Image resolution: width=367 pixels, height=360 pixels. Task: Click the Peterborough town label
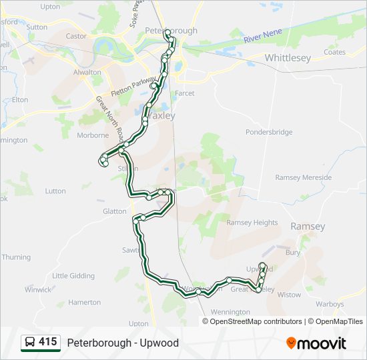[171, 31]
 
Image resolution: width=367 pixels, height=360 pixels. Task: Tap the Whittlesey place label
[288, 58]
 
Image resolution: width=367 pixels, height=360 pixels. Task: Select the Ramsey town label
[308, 227]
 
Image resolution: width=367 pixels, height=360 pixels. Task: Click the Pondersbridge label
[269, 132]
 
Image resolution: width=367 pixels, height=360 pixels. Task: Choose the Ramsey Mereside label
[303, 177]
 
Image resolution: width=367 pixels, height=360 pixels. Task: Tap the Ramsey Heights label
[252, 223]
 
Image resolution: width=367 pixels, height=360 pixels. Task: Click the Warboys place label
[330, 304]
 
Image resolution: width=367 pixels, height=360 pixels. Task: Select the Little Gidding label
[73, 275]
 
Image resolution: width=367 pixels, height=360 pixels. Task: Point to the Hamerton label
[84, 302]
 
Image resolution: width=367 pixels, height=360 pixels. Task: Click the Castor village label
[77, 36]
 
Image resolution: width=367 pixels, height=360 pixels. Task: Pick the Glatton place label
[115, 211]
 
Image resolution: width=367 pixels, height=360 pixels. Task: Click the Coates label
[334, 52]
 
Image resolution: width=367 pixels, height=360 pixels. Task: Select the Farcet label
[185, 93]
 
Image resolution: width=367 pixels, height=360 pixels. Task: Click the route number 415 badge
[47, 342]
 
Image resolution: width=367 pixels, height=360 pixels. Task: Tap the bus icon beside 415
[30, 343]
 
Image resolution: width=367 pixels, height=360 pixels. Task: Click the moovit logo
[316, 343]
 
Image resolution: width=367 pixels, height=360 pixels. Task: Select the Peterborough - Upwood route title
[123, 343]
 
